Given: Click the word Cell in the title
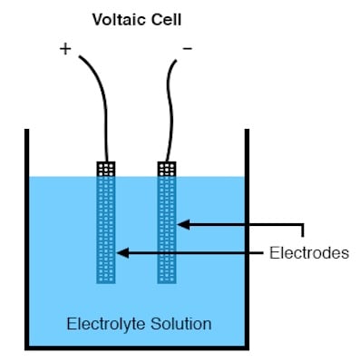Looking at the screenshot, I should (162, 18).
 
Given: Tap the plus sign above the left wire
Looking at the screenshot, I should (65, 49).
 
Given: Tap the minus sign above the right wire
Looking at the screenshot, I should (188, 47).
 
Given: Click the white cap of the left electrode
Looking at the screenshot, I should (105, 169).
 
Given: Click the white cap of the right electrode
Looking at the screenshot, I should (166, 169).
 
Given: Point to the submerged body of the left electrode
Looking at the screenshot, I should (105, 227).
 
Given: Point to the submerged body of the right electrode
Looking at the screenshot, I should (166, 227).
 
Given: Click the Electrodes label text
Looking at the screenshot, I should (309, 253).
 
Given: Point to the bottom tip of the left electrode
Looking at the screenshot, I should (105, 280).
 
